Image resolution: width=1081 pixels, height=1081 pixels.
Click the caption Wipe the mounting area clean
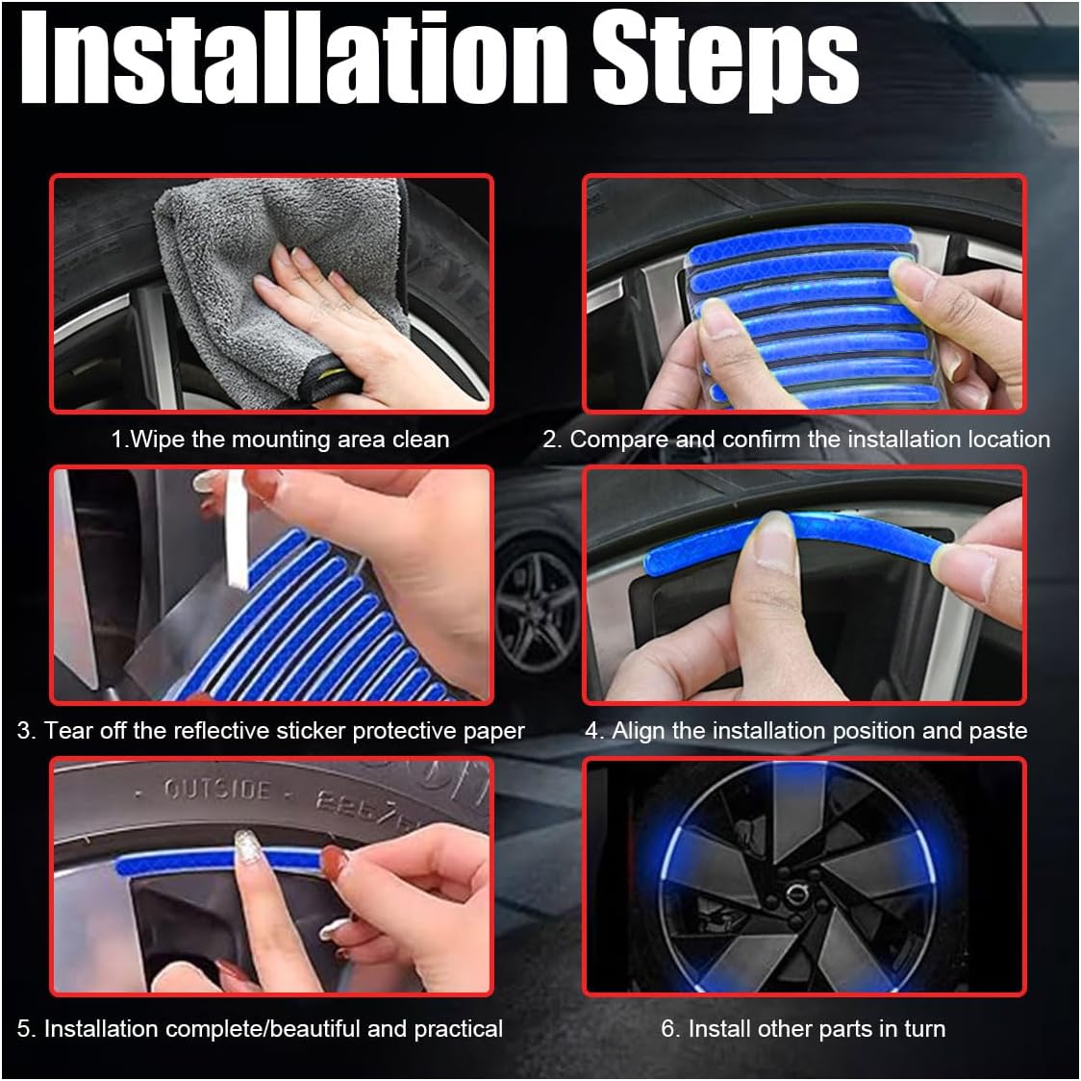coord(280,440)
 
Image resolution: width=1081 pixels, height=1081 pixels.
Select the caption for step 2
coord(796,440)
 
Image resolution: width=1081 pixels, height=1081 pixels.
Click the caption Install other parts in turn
coord(803,1028)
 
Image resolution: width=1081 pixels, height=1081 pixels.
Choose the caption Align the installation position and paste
coord(806,731)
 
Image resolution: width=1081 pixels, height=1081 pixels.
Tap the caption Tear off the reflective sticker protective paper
coord(270,731)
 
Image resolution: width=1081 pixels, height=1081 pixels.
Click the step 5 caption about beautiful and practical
coord(260,1028)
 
